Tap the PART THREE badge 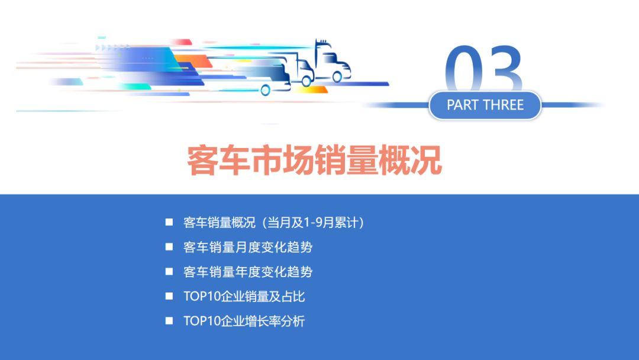[485, 105]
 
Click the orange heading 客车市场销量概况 [315, 159]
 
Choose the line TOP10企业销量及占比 [244, 297]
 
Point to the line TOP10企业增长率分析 [244, 322]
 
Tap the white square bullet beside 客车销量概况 [169, 223]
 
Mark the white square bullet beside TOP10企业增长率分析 [169, 321]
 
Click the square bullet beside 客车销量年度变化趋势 [169, 272]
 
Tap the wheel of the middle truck [306, 81]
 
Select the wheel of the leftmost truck [266, 90]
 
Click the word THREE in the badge [504, 105]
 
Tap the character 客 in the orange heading [203, 160]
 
